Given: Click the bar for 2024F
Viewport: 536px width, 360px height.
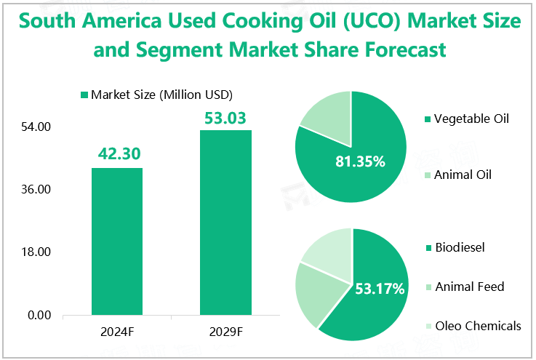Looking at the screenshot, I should pos(116,241).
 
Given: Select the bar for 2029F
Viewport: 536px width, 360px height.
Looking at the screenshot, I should pos(225,223).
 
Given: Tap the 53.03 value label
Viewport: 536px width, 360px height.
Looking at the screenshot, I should pos(225,117).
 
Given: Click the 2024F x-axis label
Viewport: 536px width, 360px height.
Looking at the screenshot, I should pos(116,332).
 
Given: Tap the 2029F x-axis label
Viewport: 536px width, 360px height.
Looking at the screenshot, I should pos(225,332).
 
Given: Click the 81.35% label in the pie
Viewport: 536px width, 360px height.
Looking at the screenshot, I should pos(359,161).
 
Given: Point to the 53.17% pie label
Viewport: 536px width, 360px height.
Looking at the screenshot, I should pos(379,289).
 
